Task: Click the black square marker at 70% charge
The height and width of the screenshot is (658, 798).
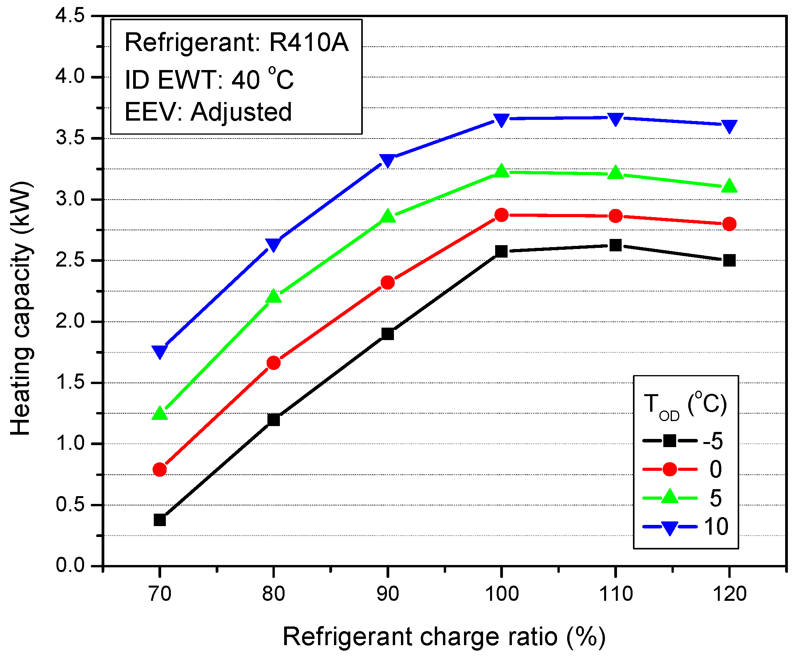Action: [x=160, y=520]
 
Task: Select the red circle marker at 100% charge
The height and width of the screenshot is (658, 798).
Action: [x=501, y=215]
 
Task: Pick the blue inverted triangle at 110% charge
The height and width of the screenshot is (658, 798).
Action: [x=615, y=119]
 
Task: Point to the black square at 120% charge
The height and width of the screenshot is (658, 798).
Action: [x=729, y=260]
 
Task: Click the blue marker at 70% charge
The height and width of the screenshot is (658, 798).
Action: [x=160, y=351]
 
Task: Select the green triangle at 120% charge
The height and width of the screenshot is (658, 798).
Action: [x=729, y=186]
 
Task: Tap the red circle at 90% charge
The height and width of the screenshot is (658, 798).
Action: [x=388, y=283]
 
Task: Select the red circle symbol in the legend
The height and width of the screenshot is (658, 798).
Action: [x=670, y=469]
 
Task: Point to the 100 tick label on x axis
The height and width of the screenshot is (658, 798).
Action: [x=501, y=594]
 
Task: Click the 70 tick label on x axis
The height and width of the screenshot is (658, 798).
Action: [x=160, y=594]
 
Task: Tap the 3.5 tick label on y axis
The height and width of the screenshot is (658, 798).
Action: [x=70, y=138]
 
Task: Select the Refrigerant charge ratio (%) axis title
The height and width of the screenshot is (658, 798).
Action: [x=444, y=637]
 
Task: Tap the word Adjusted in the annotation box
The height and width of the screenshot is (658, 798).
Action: [x=241, y=112]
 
